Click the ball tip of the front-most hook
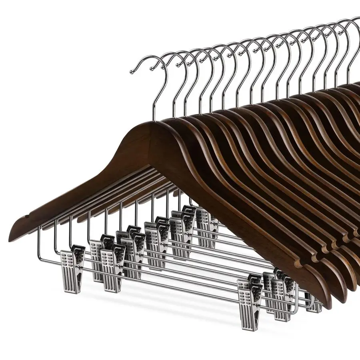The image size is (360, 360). pos(132,72)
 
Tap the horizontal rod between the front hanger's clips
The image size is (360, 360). pos(160,280)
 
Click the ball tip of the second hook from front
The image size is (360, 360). pos(151,68)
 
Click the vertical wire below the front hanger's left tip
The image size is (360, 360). pos(40,240)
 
